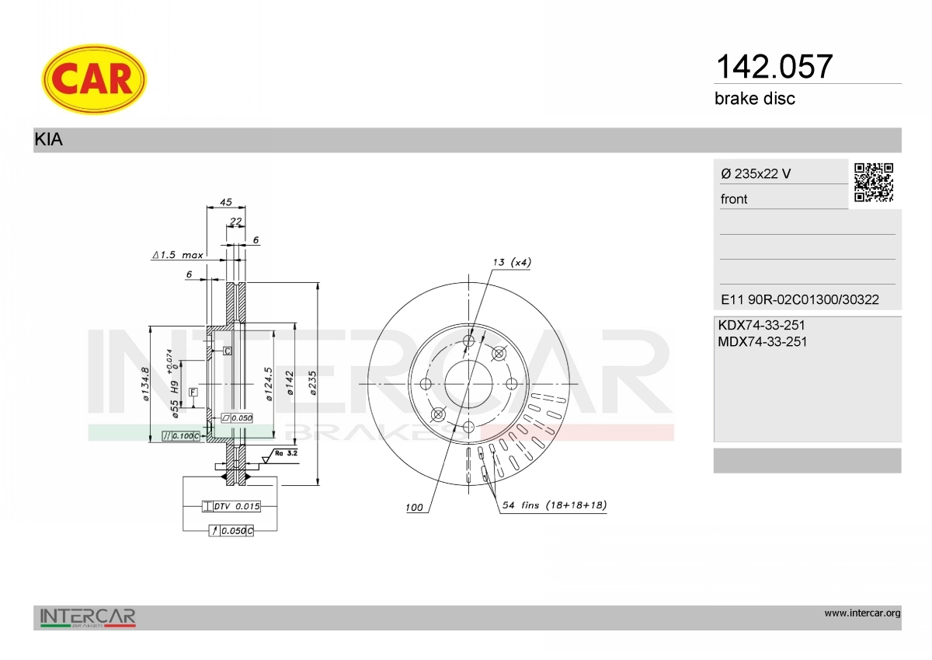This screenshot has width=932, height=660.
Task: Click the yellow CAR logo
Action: tap(94, 79)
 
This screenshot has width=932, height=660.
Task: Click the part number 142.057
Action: tap(774, 67)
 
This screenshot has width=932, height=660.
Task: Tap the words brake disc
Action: tap(755, 99)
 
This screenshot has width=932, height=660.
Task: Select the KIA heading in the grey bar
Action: tap(49, 139)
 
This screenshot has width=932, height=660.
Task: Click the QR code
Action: tap(874, 183)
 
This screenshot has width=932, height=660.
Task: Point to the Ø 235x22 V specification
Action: tap(756, 173)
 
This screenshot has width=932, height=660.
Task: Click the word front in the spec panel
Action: tap(734, 199)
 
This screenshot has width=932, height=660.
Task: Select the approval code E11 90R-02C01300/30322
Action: tap(800, 299)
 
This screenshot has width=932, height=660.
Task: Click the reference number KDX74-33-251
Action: tap(761, 325)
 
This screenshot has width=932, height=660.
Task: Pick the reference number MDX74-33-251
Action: tap(762, 342)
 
